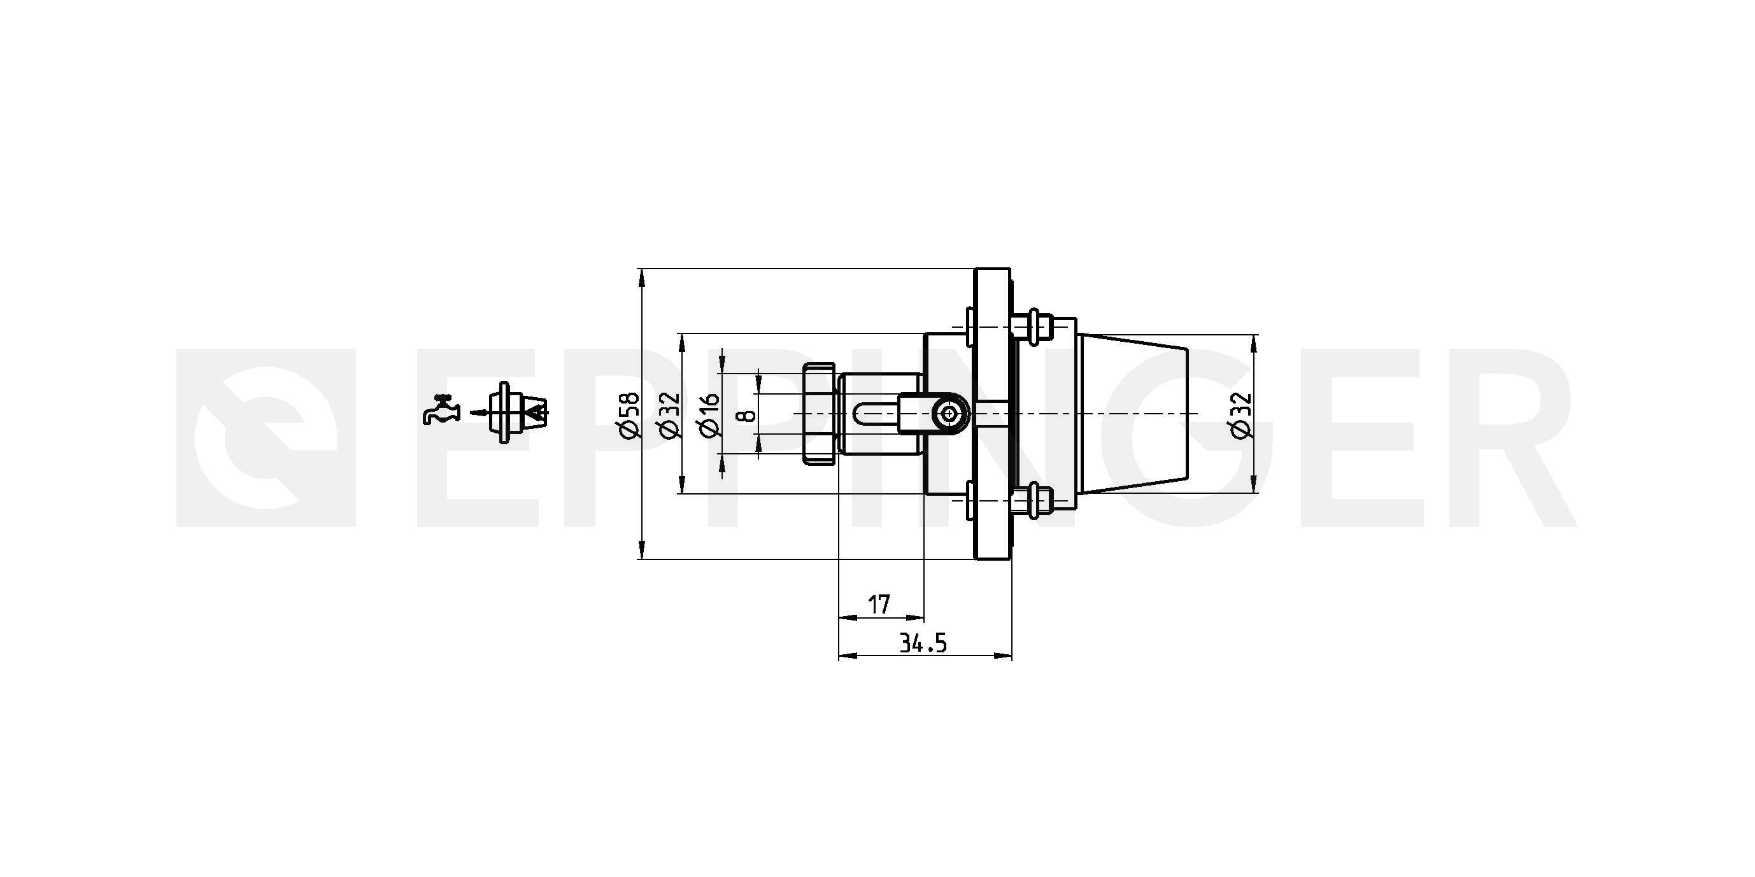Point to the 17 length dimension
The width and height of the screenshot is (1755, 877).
pos(879,604)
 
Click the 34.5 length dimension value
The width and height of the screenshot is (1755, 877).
pos(923,643)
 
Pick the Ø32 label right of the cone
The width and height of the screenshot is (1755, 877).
pos(1241,414)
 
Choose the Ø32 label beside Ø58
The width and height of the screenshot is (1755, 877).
pos(669,414)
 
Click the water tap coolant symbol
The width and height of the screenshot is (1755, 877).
pos(441,410)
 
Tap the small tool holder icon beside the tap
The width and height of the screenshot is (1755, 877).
pos(518,412)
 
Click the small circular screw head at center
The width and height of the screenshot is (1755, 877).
pos(949,413)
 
